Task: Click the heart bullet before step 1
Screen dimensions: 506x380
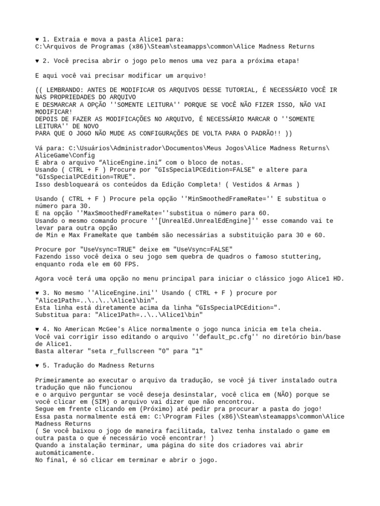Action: (x=38, y=39)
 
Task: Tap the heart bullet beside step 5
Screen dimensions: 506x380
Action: (x=38, y=366)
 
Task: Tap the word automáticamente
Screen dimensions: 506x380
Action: (x=65, y=453)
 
